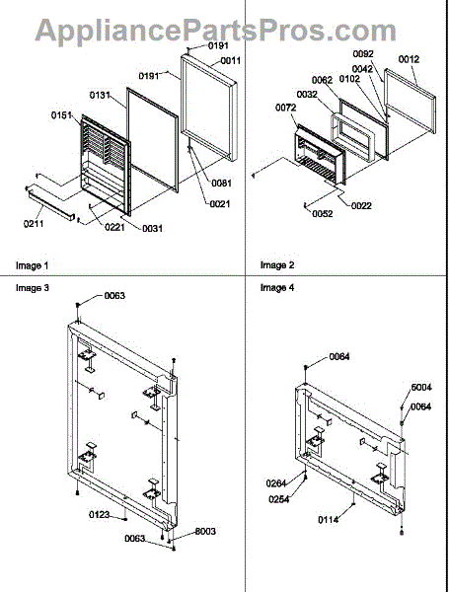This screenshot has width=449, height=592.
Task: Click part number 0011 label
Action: click(230, 60)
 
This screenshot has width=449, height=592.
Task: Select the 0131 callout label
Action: click(100, 95)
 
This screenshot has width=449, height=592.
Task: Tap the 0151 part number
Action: click(61, 114)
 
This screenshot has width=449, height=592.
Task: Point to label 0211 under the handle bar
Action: click(34, 224)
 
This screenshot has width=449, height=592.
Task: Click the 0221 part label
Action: click(114, 227)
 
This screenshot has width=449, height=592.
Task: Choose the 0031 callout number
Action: click(153, 229)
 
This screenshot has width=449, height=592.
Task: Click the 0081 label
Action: click(221, 184)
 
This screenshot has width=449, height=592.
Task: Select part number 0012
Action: click(409, 59)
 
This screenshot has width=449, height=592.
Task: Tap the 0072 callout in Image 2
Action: click(285, 108)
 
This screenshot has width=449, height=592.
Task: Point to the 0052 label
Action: click(323, 214)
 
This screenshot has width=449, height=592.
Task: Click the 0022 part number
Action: click(361, 206)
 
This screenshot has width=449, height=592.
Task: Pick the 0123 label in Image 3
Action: click(100, 515)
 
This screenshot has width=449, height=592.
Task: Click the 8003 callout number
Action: click(205, 532)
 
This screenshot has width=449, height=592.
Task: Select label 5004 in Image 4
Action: click(421, 388)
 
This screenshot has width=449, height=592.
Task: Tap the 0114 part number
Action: click(329, 520)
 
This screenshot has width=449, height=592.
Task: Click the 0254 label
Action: click(278, 499)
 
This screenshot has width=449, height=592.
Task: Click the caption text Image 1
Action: click(33, 265)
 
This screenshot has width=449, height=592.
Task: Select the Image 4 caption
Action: click(277, 288)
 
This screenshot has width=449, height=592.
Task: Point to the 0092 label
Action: click(363, 54)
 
